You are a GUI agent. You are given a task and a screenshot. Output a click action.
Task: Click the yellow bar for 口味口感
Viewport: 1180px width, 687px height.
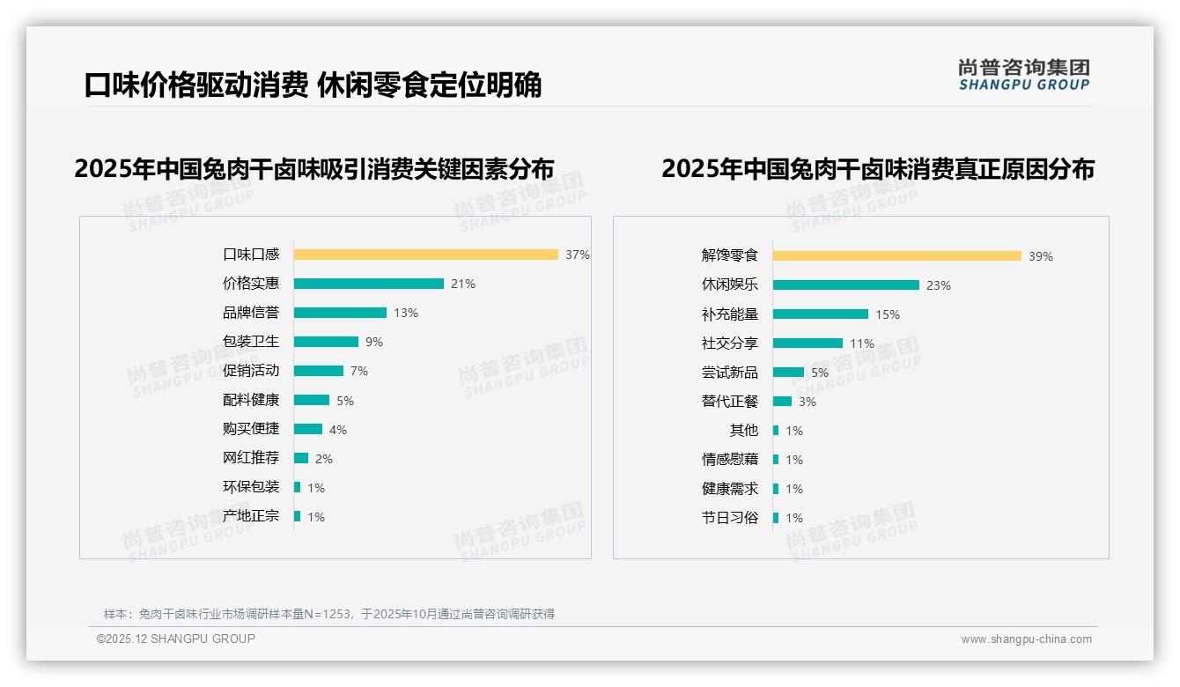coord(425,255)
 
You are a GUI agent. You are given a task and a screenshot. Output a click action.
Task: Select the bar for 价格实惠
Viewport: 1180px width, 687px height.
coord(368,284)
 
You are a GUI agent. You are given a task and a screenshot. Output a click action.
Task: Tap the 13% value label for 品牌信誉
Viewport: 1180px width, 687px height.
coord(406,313)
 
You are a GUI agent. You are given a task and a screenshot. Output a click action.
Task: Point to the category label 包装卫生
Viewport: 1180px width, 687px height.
coord(250,342)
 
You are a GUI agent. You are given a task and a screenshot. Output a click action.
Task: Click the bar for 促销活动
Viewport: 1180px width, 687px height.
coord(318,371)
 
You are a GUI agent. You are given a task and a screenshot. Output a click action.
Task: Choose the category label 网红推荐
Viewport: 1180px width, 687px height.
coord(250,458)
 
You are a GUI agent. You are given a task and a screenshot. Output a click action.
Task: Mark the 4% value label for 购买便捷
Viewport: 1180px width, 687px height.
coord(338,430)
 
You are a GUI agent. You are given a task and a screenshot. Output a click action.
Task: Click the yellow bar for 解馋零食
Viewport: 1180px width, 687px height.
coord(896,256)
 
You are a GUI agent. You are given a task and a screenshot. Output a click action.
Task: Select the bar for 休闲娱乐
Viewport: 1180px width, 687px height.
coord(845,285)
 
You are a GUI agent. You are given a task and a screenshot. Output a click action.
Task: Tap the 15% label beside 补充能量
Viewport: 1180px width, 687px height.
coord(888,314)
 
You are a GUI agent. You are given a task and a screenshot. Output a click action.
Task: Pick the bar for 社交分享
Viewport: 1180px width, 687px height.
coord(808,343)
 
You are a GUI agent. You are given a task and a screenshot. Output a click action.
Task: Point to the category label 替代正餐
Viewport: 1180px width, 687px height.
coord(729,402)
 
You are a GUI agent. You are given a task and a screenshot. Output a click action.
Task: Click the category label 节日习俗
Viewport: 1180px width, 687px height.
coord(729,518)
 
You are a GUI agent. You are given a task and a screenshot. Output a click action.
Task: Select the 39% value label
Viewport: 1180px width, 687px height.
coord(1041,256)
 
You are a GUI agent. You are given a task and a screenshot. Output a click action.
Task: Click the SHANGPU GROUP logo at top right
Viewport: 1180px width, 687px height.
coord(1023,75)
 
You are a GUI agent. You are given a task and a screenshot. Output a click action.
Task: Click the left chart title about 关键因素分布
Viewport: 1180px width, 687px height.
coord(314,168)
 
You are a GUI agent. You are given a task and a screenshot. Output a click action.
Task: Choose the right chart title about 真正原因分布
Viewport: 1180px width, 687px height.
coord(877,168)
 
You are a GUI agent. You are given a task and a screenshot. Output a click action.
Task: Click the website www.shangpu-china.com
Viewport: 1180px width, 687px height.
coord(1026,639)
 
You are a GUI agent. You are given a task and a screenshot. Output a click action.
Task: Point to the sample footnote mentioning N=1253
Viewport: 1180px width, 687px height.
coord(329,614)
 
